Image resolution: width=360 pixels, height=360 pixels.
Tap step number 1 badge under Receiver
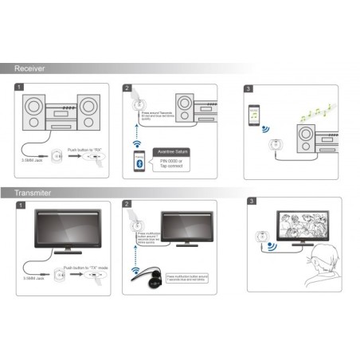[18, 87]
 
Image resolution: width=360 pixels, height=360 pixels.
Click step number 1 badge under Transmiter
[18, 205]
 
